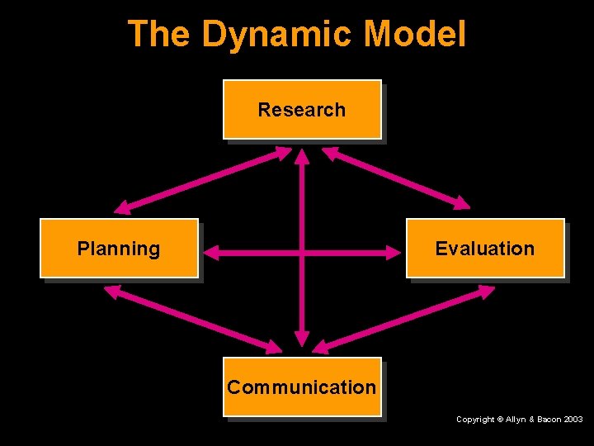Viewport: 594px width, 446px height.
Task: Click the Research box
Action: point(302,109)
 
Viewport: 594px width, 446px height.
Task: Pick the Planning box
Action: point(119,248)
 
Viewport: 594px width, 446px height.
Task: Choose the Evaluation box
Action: point(485,248)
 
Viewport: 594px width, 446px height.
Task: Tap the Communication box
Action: point(302,387)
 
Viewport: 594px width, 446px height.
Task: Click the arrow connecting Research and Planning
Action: point(203,179)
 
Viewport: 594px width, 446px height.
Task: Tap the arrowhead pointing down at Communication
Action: point(303,338)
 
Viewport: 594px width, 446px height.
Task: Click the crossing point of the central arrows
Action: point(303,253)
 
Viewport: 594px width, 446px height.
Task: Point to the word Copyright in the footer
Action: point(476,420)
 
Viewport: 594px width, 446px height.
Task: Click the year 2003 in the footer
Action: point(573,420)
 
